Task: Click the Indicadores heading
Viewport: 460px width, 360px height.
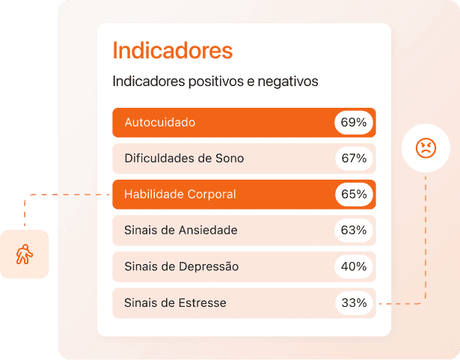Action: point(172,51)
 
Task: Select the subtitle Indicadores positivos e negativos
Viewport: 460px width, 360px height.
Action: point(215,82)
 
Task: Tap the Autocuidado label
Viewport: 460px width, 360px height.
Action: point(160,122)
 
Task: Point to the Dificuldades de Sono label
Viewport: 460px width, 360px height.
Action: point(184,158)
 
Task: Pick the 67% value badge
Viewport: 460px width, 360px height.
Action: point(354,158)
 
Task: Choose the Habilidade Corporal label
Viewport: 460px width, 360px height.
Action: point(180,194)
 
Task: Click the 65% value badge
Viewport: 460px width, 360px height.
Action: point(354,194)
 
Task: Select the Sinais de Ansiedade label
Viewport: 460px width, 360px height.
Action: point(181,230)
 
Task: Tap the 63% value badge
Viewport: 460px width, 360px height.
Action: point(354,230)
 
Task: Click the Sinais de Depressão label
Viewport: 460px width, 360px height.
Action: point(183,266)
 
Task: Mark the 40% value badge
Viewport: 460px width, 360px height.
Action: point(354,266)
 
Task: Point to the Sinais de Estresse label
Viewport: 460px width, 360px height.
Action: point(175,303)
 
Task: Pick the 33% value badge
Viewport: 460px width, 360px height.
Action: point(354,303)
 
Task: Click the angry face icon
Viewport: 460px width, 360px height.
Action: point(425,147)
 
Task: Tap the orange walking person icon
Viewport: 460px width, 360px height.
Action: point(25,254)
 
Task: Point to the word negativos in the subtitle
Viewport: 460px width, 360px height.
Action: point(288,82)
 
